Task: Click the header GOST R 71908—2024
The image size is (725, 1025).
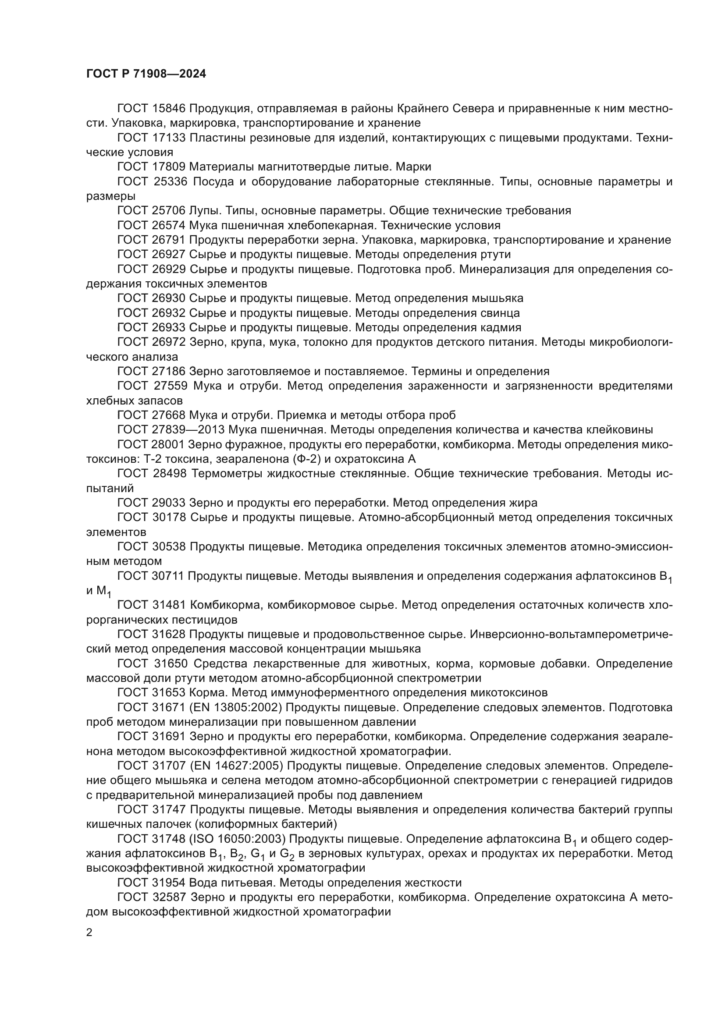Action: tap(146, 74)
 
